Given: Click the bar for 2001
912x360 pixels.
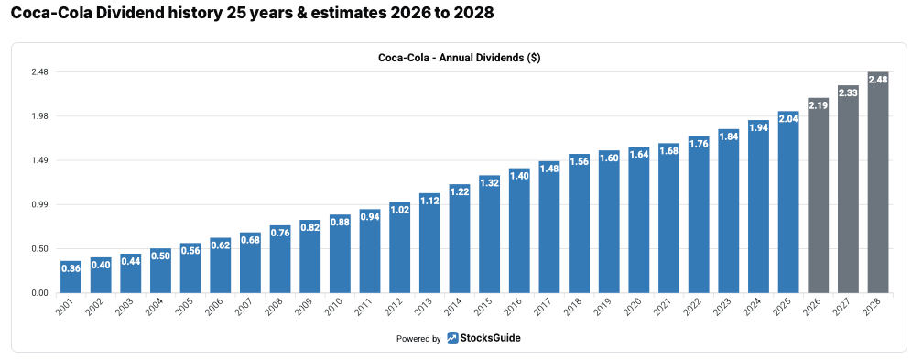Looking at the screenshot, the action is coord(71,277).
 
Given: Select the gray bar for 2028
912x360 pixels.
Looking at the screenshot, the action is coord(878,182).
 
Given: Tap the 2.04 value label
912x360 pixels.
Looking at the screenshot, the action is coord(788,118).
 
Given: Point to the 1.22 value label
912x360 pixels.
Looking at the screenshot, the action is coord(460,191).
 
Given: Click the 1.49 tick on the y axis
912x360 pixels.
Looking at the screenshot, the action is coord(39,160).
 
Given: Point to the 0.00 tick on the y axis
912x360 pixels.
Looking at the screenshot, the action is coord(39,293).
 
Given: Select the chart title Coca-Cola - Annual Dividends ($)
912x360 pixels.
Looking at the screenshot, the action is coord(460,58).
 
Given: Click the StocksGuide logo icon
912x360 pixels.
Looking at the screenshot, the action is coord(452,337).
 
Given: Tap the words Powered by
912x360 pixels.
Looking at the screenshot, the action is coord(418,339).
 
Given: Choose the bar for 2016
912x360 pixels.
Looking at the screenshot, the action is coord(519,231).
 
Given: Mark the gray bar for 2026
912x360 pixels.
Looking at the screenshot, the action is coord(818,195).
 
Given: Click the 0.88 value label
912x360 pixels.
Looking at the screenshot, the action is coord(340,222).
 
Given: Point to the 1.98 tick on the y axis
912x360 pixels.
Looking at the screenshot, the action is coord(39,116).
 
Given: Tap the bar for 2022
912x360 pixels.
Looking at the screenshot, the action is coord(699,214).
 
